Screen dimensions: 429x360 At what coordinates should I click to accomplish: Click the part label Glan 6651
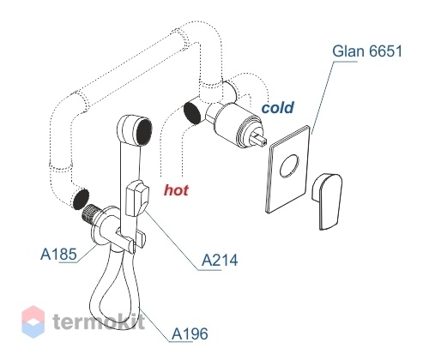(367, 51)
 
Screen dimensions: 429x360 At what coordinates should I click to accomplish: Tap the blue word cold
(278, 108)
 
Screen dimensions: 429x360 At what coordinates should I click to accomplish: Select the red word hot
(176, 190)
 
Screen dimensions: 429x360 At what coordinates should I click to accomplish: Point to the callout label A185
(58, 254)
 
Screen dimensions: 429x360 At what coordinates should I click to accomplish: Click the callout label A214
(220, 261)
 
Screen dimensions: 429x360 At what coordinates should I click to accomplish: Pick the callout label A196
(190, 333)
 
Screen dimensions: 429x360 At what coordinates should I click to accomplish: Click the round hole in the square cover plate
(289, 166)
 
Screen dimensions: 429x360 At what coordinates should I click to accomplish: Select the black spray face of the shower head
(144, 132)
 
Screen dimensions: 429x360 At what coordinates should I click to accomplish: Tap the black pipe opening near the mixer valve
(192, 113)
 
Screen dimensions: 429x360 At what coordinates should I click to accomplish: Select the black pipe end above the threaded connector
(81, 199)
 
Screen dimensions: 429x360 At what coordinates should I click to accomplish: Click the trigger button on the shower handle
(137, 199)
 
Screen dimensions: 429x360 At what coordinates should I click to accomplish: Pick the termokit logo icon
(33, 321)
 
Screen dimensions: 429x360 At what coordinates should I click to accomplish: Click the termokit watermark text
(99, 321)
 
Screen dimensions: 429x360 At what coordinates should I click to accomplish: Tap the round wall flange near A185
(100, 225)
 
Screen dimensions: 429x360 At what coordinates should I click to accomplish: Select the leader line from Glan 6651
(323, 97)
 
